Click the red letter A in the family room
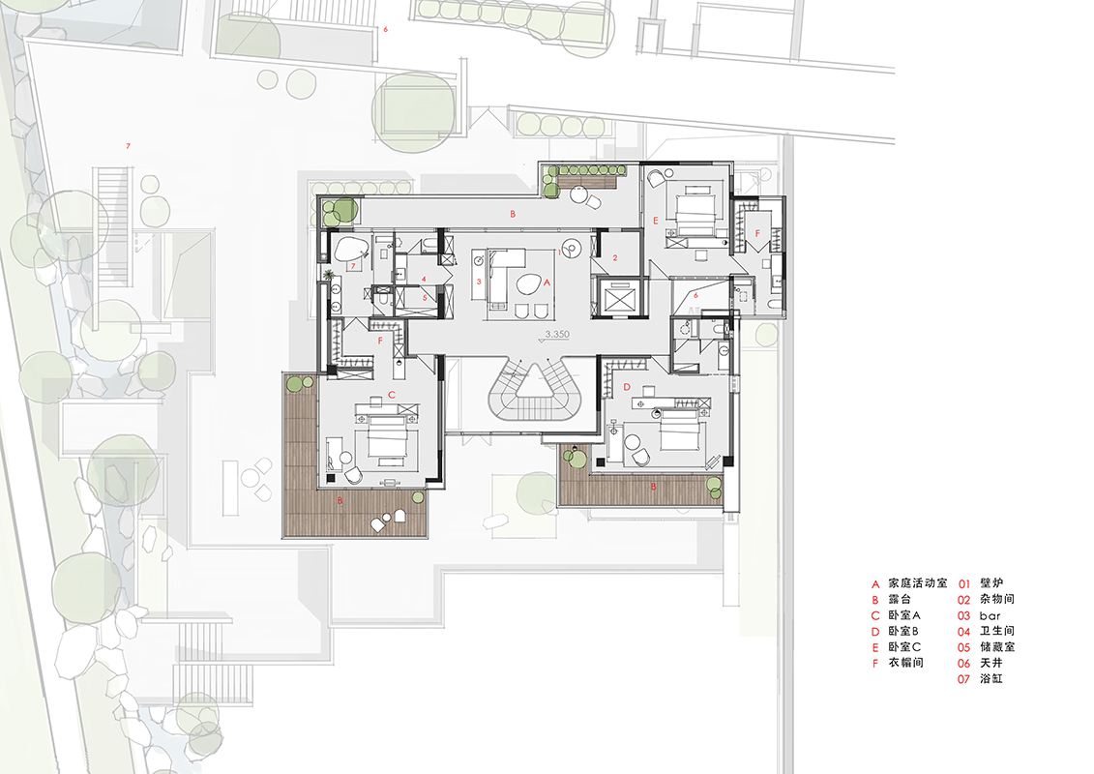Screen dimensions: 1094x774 pos(547,283)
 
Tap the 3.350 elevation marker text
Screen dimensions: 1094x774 pos(557,335)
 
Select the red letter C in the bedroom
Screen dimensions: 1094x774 pos(392,395)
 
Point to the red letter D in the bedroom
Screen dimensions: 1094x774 pos(627,387)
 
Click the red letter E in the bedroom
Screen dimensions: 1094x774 pos(655,221)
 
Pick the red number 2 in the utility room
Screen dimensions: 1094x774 pos(615,258)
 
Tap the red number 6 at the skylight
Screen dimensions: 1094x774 pos(695,295)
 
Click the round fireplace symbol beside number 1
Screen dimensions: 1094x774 pos(571,249)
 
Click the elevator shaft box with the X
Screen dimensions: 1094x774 pos(620,298)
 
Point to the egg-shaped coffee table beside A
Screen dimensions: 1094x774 pos(527,283)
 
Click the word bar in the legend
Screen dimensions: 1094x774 pos(990,615)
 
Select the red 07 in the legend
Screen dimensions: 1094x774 pos(963,679)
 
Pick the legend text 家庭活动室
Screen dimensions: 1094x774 pos(918,582)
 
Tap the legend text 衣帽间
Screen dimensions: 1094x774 pos(905,663)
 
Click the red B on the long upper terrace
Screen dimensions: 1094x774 pos(513,214)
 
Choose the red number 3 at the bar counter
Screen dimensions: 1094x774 pos(480,282)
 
